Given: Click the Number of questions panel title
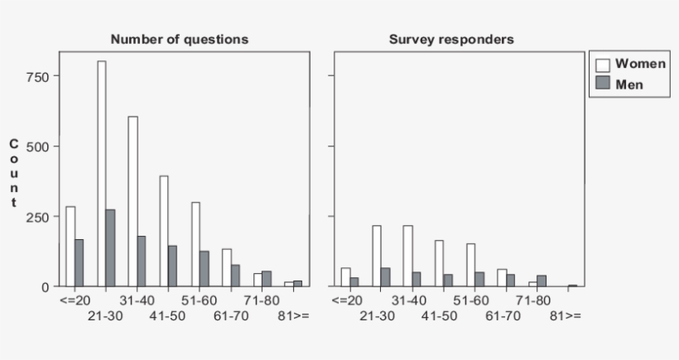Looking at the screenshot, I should [x=179, y=39].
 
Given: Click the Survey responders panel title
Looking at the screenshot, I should [x=451, y=39].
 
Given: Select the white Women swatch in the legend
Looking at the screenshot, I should [x=602, y=65].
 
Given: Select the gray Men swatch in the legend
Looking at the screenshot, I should [x=602, y=84].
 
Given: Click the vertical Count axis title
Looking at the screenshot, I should [x=13, y=173].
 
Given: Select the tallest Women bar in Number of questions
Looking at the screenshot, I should [x=101, y=174].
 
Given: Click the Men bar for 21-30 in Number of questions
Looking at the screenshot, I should [x=111, y=248].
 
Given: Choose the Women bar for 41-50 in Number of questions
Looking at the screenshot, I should [x=164, y=231].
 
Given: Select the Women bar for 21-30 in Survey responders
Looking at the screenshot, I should [x=376, y=256].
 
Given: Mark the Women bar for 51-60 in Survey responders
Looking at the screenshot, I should [x=470, y=265].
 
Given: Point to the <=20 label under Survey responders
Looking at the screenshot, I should [x=347, y=300].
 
